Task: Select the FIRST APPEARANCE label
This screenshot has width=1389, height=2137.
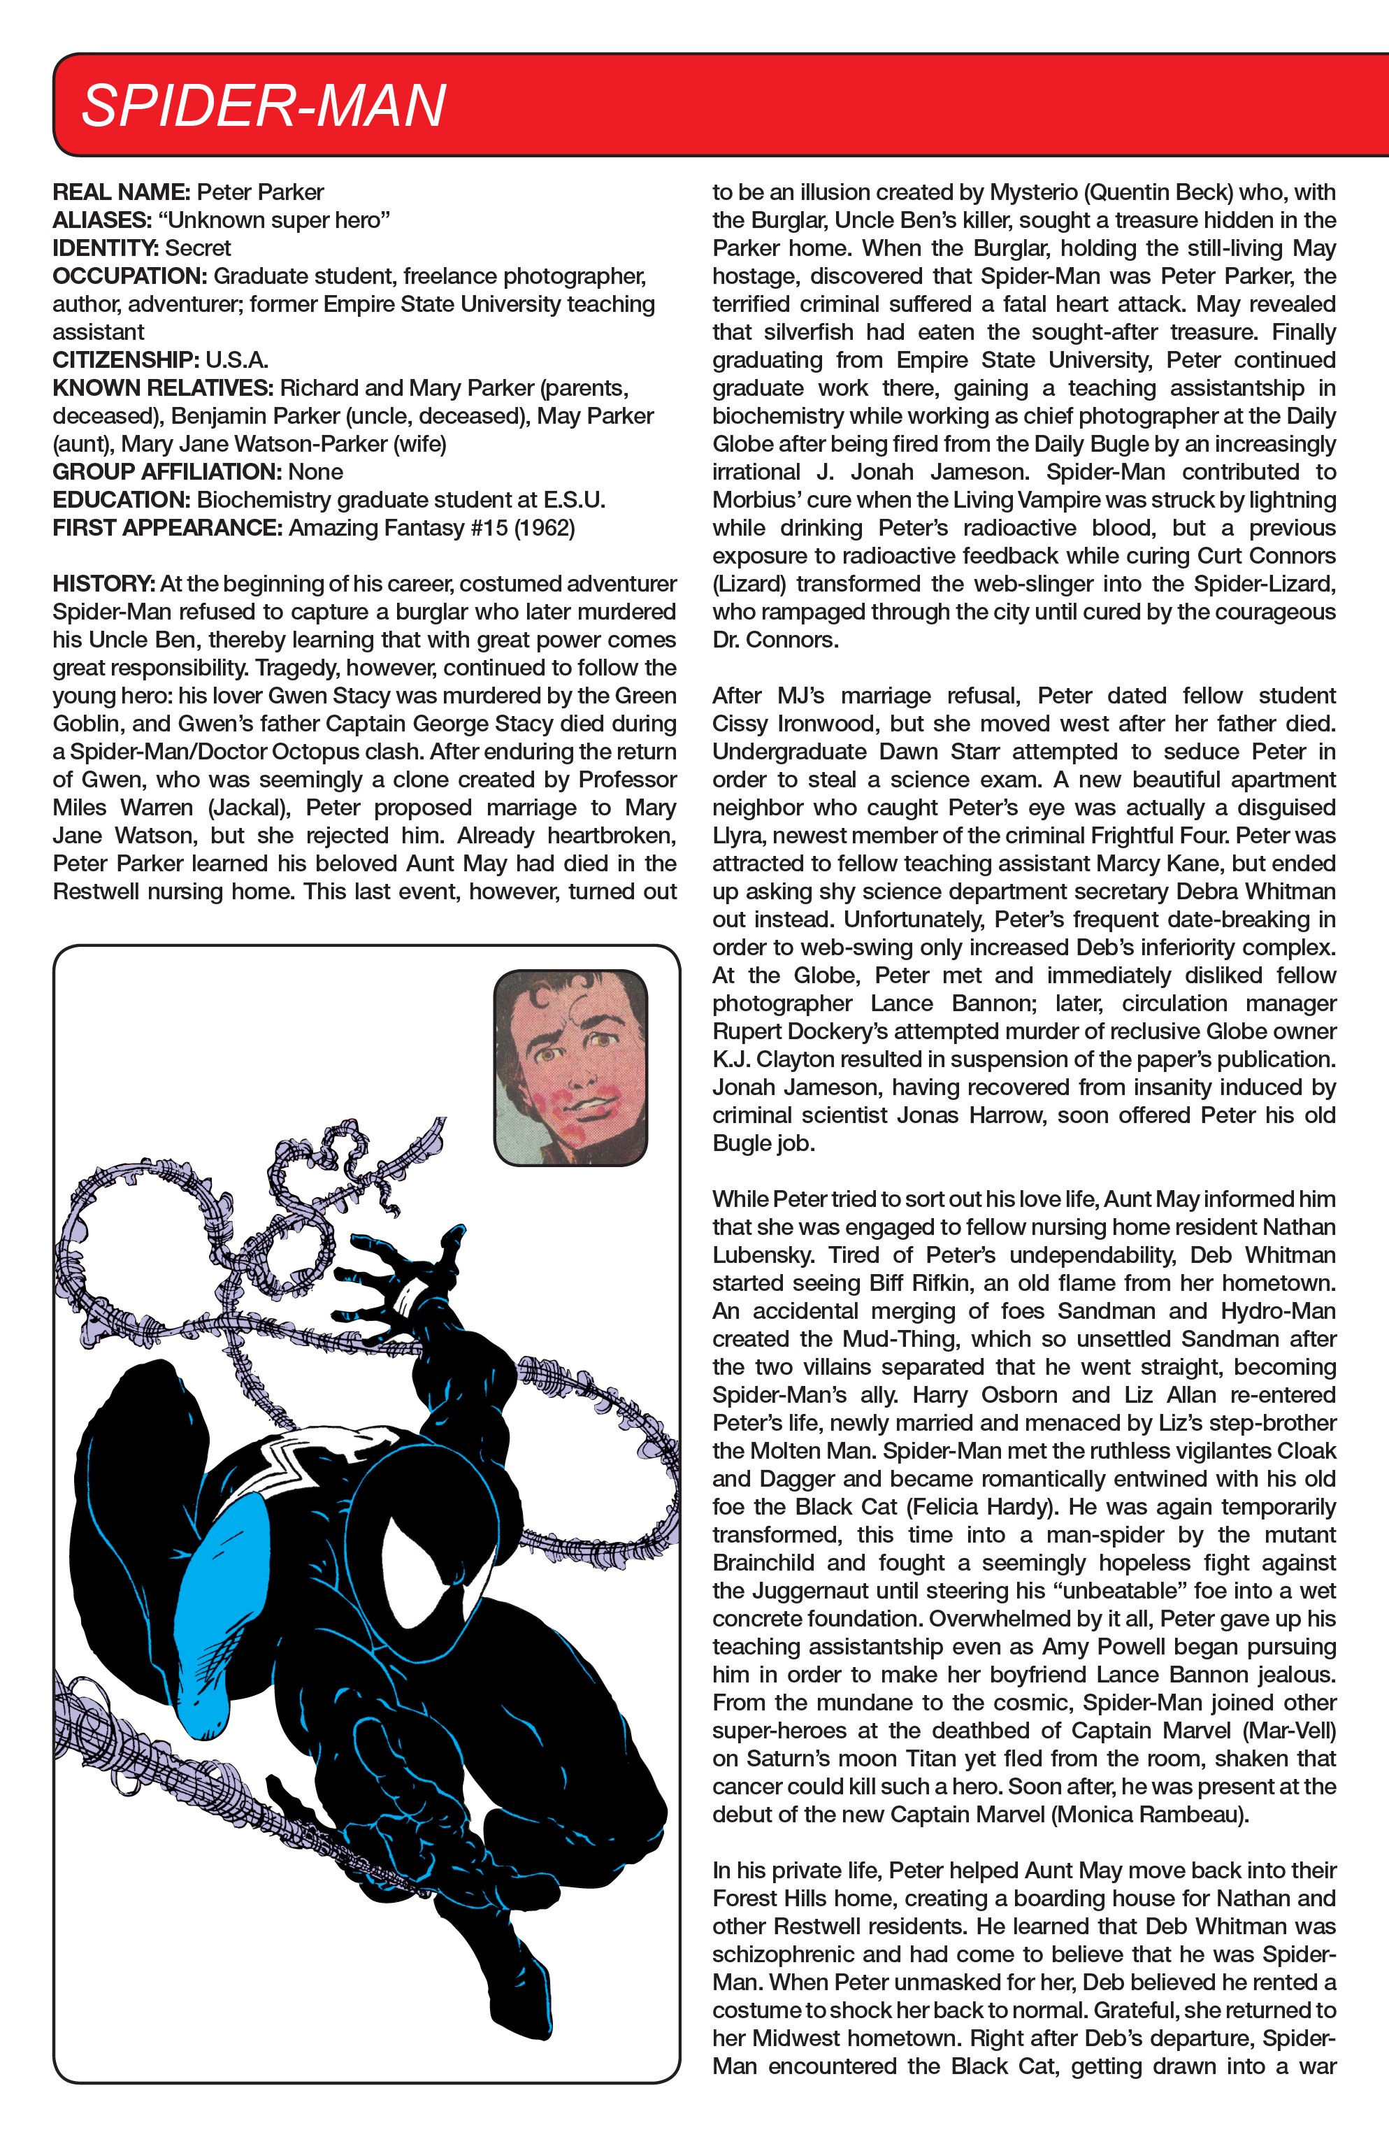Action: pyautogui.click(x=168, y=528)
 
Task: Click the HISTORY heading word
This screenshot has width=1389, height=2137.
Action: pyautogui.click(x=104, y=584)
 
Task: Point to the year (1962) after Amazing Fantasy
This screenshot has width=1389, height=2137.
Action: pyautogui.click(x=544, y=528)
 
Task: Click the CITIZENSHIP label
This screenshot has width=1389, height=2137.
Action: pyautogui.click(x=126, y=360)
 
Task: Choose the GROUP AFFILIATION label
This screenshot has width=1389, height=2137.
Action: pyautogui.click(x=167, y=472)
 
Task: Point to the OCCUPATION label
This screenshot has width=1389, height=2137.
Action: pyautogui.click(x=129, y=276)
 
